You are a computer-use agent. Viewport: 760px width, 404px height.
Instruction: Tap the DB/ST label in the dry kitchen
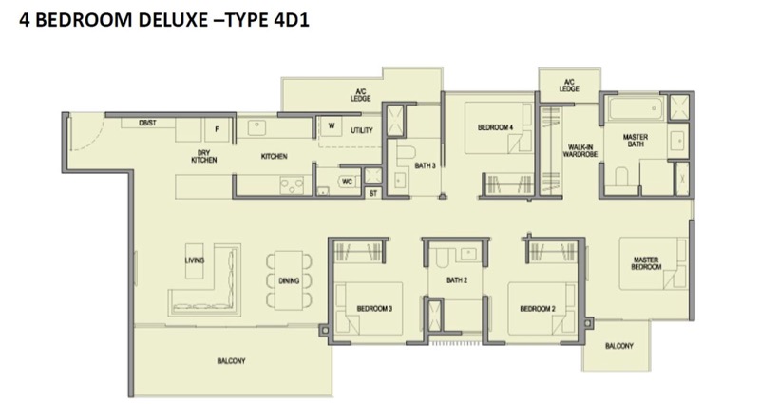pos(147,124)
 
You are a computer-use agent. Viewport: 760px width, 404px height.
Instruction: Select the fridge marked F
pos(217,129)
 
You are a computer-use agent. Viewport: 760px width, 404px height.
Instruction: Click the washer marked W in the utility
pos(332,126)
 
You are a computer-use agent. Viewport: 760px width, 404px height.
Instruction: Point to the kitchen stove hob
pos(293,184)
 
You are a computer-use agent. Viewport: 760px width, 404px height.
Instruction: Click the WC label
pos(347,182)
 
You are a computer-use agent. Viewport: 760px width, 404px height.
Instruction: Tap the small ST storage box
pos(372,193)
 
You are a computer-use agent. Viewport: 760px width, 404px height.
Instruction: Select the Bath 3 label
pos(425,165)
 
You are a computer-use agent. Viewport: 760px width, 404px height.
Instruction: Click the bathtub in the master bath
pos(636,108)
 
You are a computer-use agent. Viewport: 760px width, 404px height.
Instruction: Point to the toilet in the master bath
pos(621,177)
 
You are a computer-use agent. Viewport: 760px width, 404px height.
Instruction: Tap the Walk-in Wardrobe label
pos(580,151)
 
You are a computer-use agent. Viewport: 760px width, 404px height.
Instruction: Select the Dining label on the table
pos(289,280)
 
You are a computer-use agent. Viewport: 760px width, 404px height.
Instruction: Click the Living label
pos(195,260)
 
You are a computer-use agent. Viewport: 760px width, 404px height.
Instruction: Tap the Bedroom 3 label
pos(374,308)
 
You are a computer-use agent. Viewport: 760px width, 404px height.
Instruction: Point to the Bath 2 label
pos(457,280)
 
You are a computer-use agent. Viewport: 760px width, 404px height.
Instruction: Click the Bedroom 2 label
pos(538,308)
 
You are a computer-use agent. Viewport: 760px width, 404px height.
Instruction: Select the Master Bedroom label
pos(646,263)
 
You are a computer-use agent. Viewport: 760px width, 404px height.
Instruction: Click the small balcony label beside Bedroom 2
pos(619,346)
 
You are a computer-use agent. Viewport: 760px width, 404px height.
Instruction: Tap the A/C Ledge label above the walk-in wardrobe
pos(569,86)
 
